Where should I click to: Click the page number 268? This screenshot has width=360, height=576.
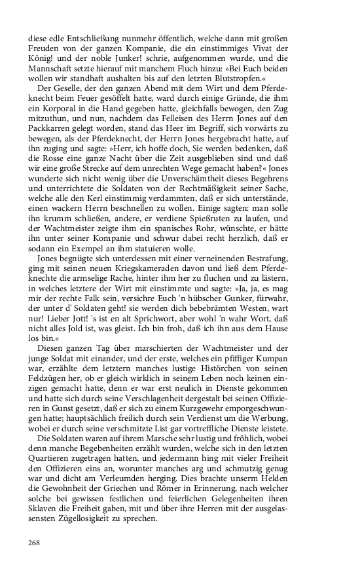(34, 543)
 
